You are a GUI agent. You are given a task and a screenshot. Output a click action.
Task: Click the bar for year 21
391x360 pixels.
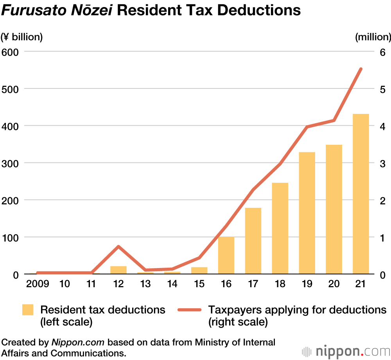pos(361,194)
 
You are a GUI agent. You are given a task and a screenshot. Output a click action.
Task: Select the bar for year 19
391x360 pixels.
pos(307,213)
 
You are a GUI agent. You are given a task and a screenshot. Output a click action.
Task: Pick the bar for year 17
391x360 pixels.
pos(253,241)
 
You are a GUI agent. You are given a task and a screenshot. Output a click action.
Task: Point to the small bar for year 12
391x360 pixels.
pos(118,270)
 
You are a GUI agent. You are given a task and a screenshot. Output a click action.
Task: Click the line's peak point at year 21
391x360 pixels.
pos(361,69)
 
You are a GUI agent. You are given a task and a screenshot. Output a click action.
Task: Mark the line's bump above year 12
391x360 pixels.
pos(118,246)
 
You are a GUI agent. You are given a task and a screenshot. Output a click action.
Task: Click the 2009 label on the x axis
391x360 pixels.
pos(38,284)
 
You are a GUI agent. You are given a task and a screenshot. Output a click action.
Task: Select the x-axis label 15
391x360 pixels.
pos(199,284)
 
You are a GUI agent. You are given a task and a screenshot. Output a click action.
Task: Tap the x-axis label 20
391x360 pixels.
pos(334,284)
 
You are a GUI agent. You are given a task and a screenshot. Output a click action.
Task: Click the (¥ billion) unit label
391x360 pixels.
pos(22,37)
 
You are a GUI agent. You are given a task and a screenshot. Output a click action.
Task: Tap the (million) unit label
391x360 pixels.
pos(373,37)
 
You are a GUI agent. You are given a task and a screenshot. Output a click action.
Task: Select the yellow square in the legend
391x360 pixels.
pos(28,310)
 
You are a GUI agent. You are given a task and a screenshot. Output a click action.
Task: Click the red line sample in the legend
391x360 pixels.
pos(189,310)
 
